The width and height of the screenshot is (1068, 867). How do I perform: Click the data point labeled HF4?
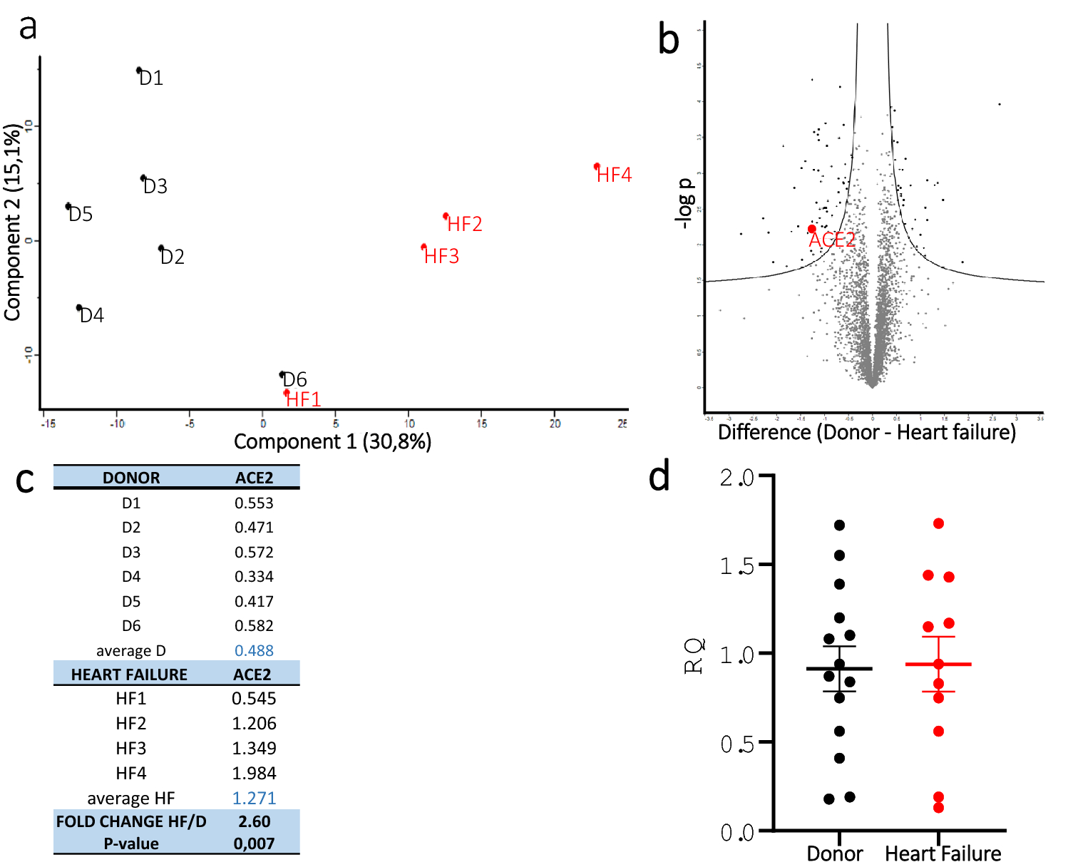[597, 167]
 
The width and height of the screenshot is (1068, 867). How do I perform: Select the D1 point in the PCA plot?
[139, 70]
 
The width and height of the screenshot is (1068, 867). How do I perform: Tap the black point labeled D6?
[282, 374]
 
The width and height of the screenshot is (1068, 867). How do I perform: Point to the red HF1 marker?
[287, 392]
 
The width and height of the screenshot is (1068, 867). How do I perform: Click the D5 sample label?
[81, 215]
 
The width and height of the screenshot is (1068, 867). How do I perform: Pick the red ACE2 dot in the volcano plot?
[811, 229]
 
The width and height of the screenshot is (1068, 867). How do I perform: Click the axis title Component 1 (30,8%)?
[332, 442]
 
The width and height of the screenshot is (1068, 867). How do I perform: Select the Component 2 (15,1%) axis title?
[13, 222]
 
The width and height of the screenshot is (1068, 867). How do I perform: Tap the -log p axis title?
[684, 203]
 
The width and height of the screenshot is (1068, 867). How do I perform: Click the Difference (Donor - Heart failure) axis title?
[866, 433]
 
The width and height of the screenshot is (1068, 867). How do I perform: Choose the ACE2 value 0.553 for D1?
[254, 503]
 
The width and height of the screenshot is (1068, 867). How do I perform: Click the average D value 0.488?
[254, 651]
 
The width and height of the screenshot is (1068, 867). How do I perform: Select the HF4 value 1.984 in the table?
[254, 774]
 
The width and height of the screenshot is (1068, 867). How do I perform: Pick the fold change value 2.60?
[254, 822]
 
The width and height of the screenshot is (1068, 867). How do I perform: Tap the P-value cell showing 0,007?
[254, 844]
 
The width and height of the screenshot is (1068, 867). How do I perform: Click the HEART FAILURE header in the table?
[129, 674]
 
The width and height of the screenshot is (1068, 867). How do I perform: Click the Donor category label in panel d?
[834, 853]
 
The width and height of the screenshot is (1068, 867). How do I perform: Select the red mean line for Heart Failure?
[938, 665]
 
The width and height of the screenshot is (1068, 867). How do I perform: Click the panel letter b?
[668, 40]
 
